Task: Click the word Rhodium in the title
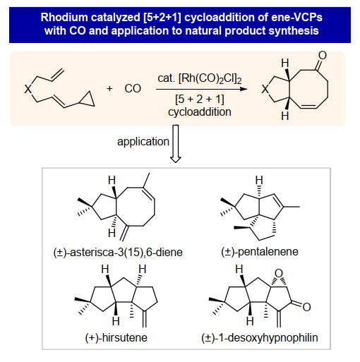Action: click(64, 18)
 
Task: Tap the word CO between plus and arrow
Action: click(133, 89)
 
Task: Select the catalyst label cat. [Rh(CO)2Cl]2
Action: click(200, 78)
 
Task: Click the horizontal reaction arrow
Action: click(202, 89)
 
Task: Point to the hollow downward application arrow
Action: click(176, 144)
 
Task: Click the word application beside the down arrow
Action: click(143, 142)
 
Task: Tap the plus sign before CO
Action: click(109, 89)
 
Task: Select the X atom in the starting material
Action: click(28, 89)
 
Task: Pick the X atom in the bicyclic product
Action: click(265, 90)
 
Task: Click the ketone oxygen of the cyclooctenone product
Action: click(323, 56)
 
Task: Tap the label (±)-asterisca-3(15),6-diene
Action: click(118, 253)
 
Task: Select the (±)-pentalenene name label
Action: click(260, 252)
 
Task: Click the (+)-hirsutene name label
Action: click(116, 338)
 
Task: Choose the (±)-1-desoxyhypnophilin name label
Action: click(260, 338)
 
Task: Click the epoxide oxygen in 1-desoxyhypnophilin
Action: click(279, 274)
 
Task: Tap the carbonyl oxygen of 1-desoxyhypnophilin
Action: click(306, 307)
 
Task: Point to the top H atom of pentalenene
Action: click(259, 180)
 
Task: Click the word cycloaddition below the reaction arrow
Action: click(200, 112)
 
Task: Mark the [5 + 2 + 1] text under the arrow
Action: click(200, 99)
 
